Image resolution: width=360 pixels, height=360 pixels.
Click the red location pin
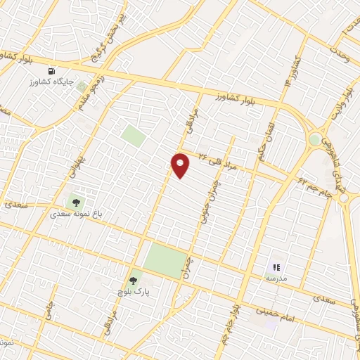click(181, 165)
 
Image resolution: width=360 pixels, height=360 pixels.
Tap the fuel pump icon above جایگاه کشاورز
click(51, 72)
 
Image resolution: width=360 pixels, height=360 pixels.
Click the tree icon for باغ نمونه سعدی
click(76, 202)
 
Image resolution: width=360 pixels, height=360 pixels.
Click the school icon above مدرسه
click(276, 267)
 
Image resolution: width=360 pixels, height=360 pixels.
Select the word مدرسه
click(276, 278)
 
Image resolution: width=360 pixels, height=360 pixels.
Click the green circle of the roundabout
click(315, 139)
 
